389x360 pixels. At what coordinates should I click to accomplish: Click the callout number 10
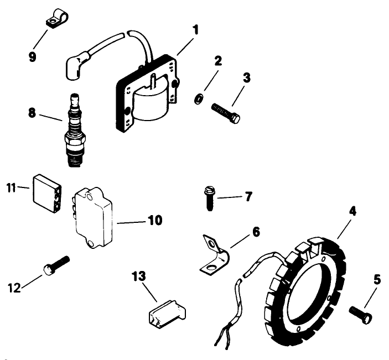click(154, 221)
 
